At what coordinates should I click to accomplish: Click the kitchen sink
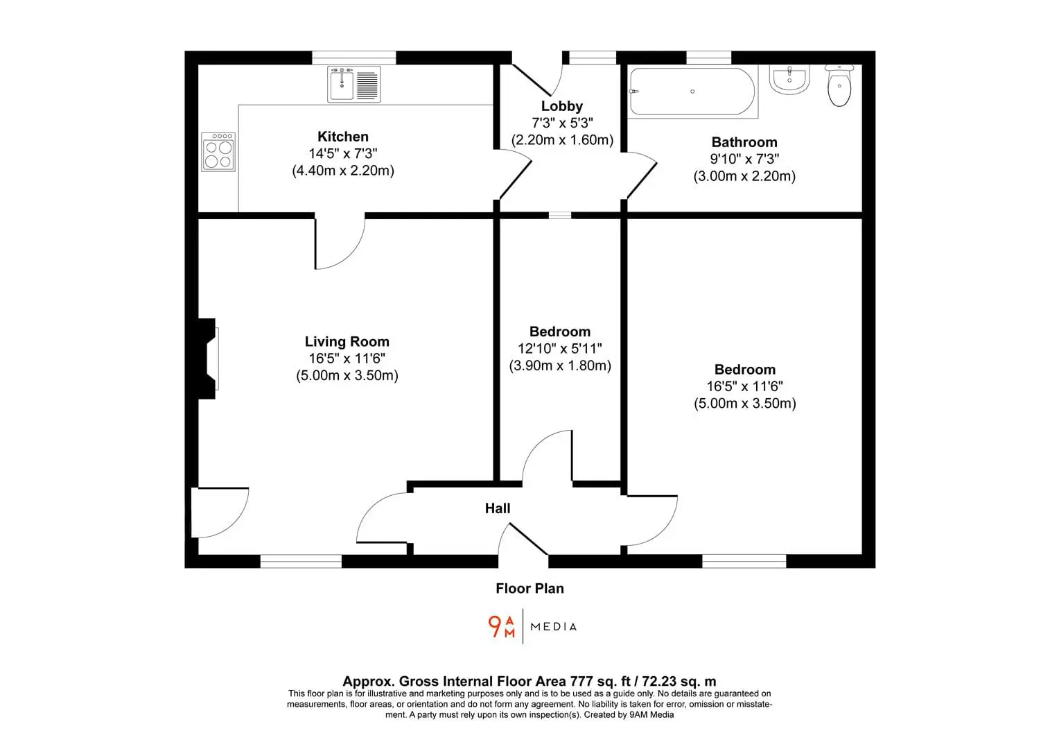(353, 84)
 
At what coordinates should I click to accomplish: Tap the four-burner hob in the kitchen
(218, 151)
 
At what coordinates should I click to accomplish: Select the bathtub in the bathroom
(693, 92)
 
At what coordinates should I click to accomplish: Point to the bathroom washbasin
(789, 80)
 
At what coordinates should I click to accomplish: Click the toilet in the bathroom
(839, 85)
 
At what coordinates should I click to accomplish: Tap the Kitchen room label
(343, 137)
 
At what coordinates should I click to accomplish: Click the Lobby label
(561, 106)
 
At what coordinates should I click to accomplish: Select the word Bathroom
(744, 142)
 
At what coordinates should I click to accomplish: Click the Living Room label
(347, 341)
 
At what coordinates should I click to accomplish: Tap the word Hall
(498, 508)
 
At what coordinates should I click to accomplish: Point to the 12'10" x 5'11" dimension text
(560, 349)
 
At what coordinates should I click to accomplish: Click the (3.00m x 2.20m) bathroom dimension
(744, 176)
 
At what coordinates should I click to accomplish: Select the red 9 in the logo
(495, 626)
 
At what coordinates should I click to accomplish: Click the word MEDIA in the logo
(554, 627)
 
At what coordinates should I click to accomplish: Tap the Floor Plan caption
(529, 588)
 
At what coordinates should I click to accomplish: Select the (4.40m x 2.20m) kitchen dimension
(343, 171)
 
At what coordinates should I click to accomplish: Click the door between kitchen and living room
(340, 241)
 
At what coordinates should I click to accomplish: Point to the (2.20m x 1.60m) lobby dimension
(562, 140)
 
